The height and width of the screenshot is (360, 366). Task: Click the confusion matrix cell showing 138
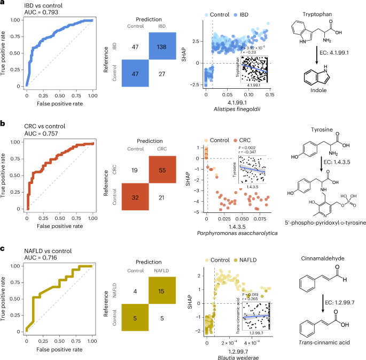(x=165, y=47)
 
